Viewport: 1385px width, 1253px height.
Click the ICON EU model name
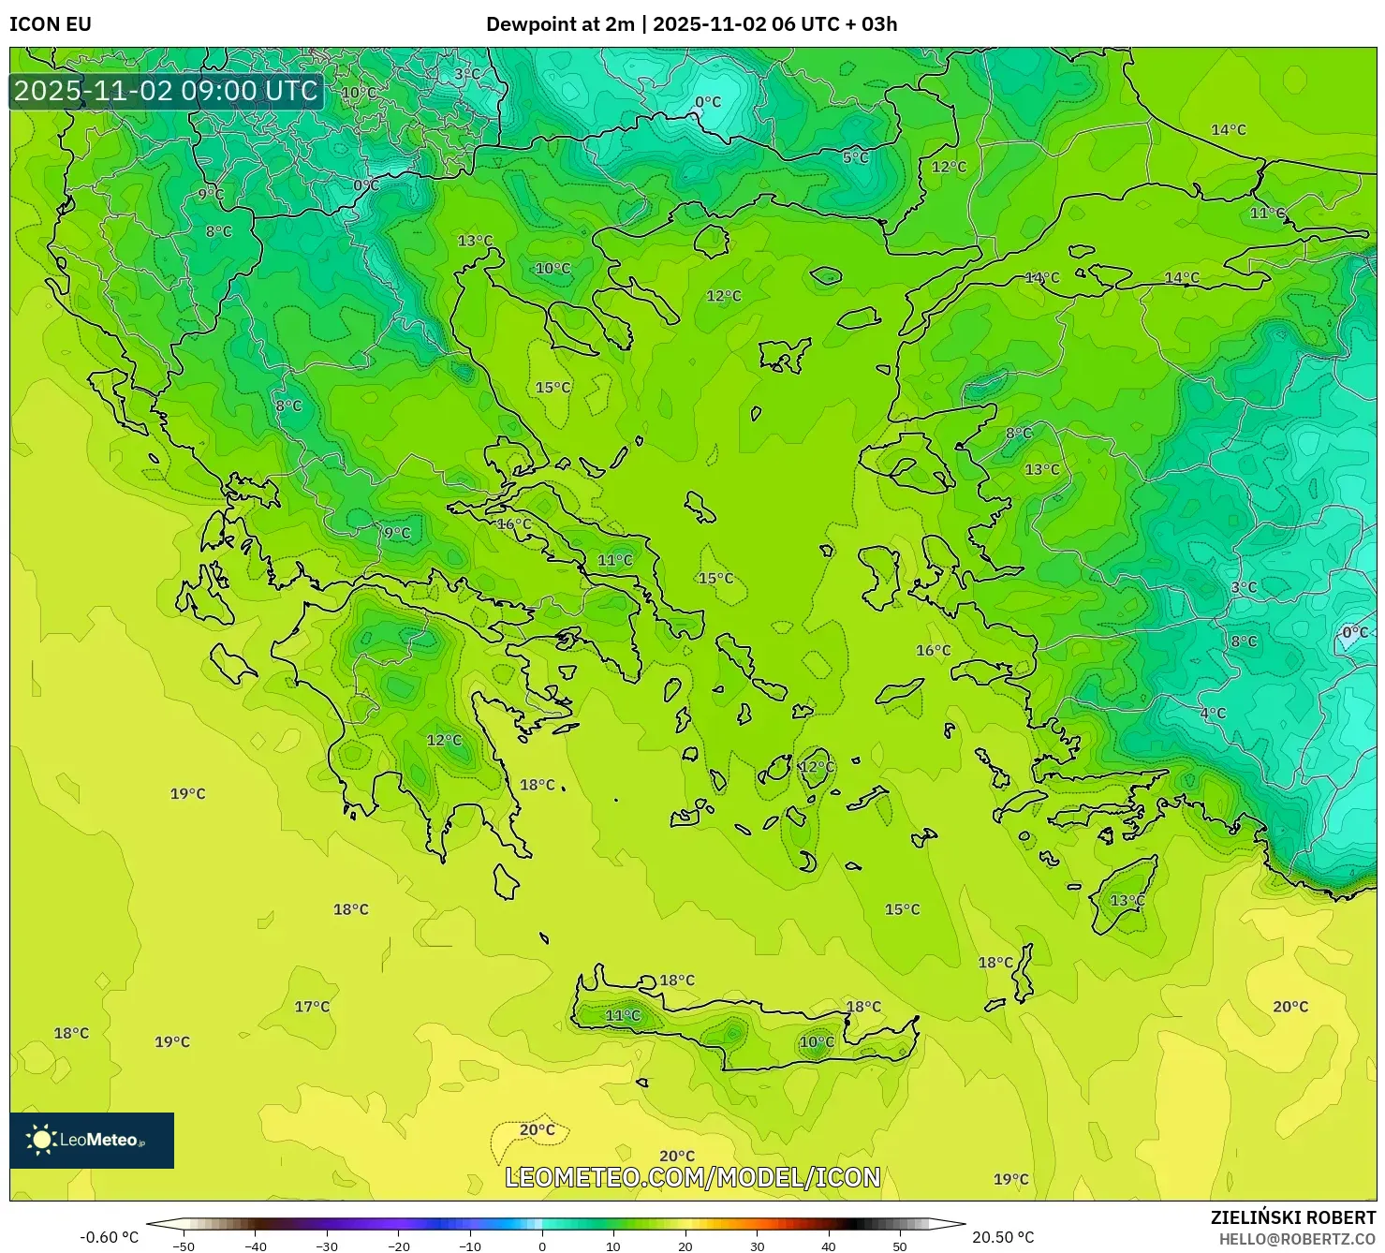51,24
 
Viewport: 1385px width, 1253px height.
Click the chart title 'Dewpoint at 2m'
560,24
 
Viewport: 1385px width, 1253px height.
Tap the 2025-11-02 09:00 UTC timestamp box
166,91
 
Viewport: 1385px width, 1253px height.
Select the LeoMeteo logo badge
92,1140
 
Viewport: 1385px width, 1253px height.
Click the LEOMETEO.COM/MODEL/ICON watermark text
693,1177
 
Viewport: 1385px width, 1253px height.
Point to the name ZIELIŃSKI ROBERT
1293,1217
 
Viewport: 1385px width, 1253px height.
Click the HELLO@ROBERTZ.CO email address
1297,1239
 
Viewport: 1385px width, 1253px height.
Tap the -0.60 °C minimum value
109,1237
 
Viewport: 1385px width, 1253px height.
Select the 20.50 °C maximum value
1003,1237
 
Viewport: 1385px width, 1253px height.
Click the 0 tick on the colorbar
542,1246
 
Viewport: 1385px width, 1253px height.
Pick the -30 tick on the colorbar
327,1246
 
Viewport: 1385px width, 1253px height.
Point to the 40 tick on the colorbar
829,1246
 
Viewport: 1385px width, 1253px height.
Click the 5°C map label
855,157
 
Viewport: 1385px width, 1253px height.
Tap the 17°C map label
312,1007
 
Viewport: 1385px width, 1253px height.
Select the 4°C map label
1213,713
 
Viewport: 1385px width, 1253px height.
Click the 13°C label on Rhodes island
1127,900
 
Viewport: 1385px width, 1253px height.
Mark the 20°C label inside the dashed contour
537,1129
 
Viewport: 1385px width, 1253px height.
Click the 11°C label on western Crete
623,1015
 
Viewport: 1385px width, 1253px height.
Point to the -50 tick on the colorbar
184,1246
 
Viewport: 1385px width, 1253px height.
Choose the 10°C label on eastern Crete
816,1042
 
